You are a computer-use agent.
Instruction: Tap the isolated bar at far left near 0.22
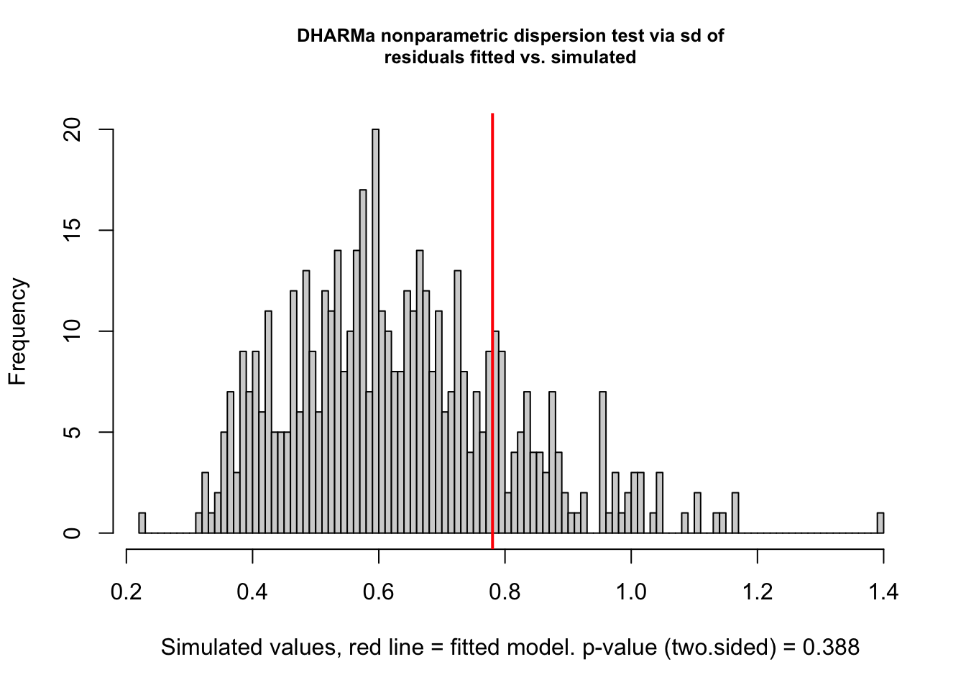[142, 523]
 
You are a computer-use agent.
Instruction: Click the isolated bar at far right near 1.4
[880, 523]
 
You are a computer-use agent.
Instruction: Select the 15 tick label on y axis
[73, 231]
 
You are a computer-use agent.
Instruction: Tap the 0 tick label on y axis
[73, 533]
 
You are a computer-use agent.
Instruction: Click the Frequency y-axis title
[17, 331]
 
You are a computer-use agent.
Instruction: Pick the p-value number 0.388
[831, 648]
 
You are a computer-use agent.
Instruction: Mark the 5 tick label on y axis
[73, 433]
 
